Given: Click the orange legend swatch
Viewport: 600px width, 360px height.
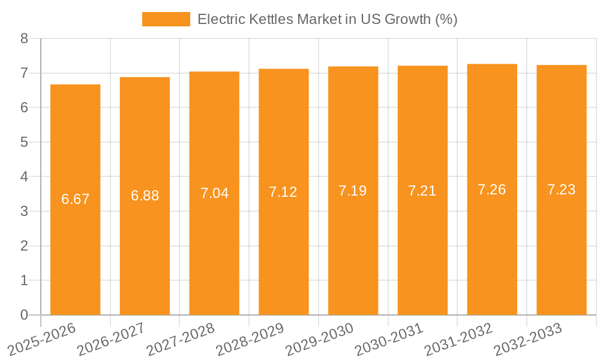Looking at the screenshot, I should pyautogui.click(x=166, y=19).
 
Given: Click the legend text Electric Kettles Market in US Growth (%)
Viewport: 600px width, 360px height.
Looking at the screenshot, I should pyautogui.click(x=328, y=19).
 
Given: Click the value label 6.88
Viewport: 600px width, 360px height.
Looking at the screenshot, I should pyautogui.click(x=145, y=196).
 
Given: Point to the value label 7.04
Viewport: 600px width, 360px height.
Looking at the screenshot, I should pyautogui.click(x=214, y=193).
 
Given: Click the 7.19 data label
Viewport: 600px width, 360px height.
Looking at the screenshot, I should pyautogui.click(x=353, y=191).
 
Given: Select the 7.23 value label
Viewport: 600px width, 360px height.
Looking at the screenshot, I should pyautogui.click(x=562, y=190).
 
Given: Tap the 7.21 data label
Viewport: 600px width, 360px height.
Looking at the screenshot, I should pyautogui.click(x=422, y=191).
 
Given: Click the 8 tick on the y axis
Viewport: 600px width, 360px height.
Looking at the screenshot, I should pyautogui.click(x=24, y=39).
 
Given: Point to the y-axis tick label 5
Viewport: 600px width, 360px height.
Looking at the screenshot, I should pyautogui.click(x=24, y=142).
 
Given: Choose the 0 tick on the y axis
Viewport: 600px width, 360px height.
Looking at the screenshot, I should pyautogui.click(x=24, y=315).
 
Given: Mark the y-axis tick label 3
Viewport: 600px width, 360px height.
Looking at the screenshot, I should pyautogui.click(x=24, y=211).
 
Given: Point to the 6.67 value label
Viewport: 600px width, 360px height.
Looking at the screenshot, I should pyautogui.click(x=75, y=199).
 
